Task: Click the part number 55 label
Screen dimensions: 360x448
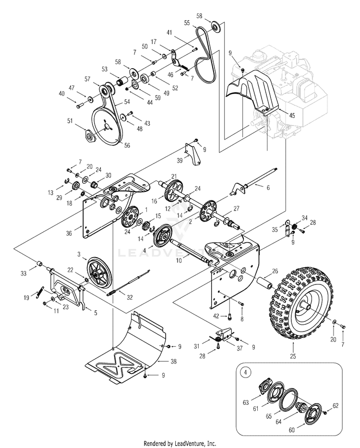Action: tap(187, 23)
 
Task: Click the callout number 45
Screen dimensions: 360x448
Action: tap(292, 116)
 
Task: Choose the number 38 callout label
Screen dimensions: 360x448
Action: tap(174, 362)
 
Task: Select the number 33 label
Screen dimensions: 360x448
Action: tap(24, 273)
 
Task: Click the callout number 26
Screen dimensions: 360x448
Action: tap(275, 271)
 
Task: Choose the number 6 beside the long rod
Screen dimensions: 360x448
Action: tap(268, 188)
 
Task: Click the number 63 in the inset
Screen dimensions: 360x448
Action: tap(246, 402)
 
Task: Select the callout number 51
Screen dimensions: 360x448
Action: tap(70, 121)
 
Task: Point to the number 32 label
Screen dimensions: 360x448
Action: tap(130, 297)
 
